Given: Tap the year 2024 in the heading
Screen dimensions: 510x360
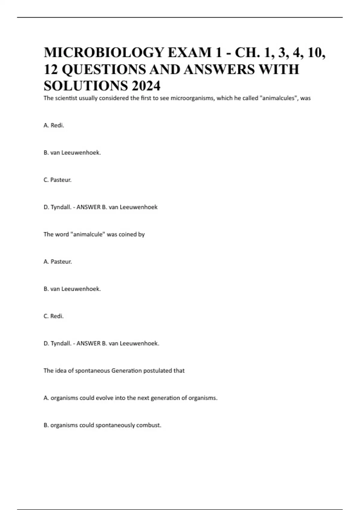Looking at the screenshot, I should [x=145, y=86].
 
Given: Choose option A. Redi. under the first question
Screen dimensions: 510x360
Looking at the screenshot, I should [x=54, y=125].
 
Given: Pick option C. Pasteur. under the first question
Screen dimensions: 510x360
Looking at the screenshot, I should [x=58, y=180].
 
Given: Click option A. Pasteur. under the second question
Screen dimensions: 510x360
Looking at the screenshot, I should [x=58, y=262].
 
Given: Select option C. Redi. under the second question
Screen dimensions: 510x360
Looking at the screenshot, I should [x=54, y=316].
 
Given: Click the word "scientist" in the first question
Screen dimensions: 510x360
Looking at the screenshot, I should [x=65, y=98].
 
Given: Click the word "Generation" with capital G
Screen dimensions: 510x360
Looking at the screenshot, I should [x=126, y=371].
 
